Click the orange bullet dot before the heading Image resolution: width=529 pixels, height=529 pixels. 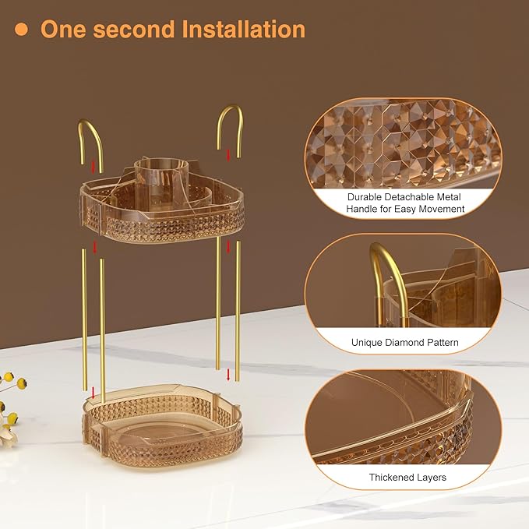22,30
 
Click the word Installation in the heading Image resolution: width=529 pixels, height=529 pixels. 242,30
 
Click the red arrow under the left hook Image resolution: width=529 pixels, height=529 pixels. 93,166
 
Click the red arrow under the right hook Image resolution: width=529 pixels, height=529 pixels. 228,155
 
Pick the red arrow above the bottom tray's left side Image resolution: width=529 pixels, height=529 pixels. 93,391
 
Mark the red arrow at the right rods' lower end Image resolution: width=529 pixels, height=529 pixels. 227,375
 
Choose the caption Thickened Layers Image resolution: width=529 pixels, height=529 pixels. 407,477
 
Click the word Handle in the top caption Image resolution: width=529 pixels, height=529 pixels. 361,209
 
